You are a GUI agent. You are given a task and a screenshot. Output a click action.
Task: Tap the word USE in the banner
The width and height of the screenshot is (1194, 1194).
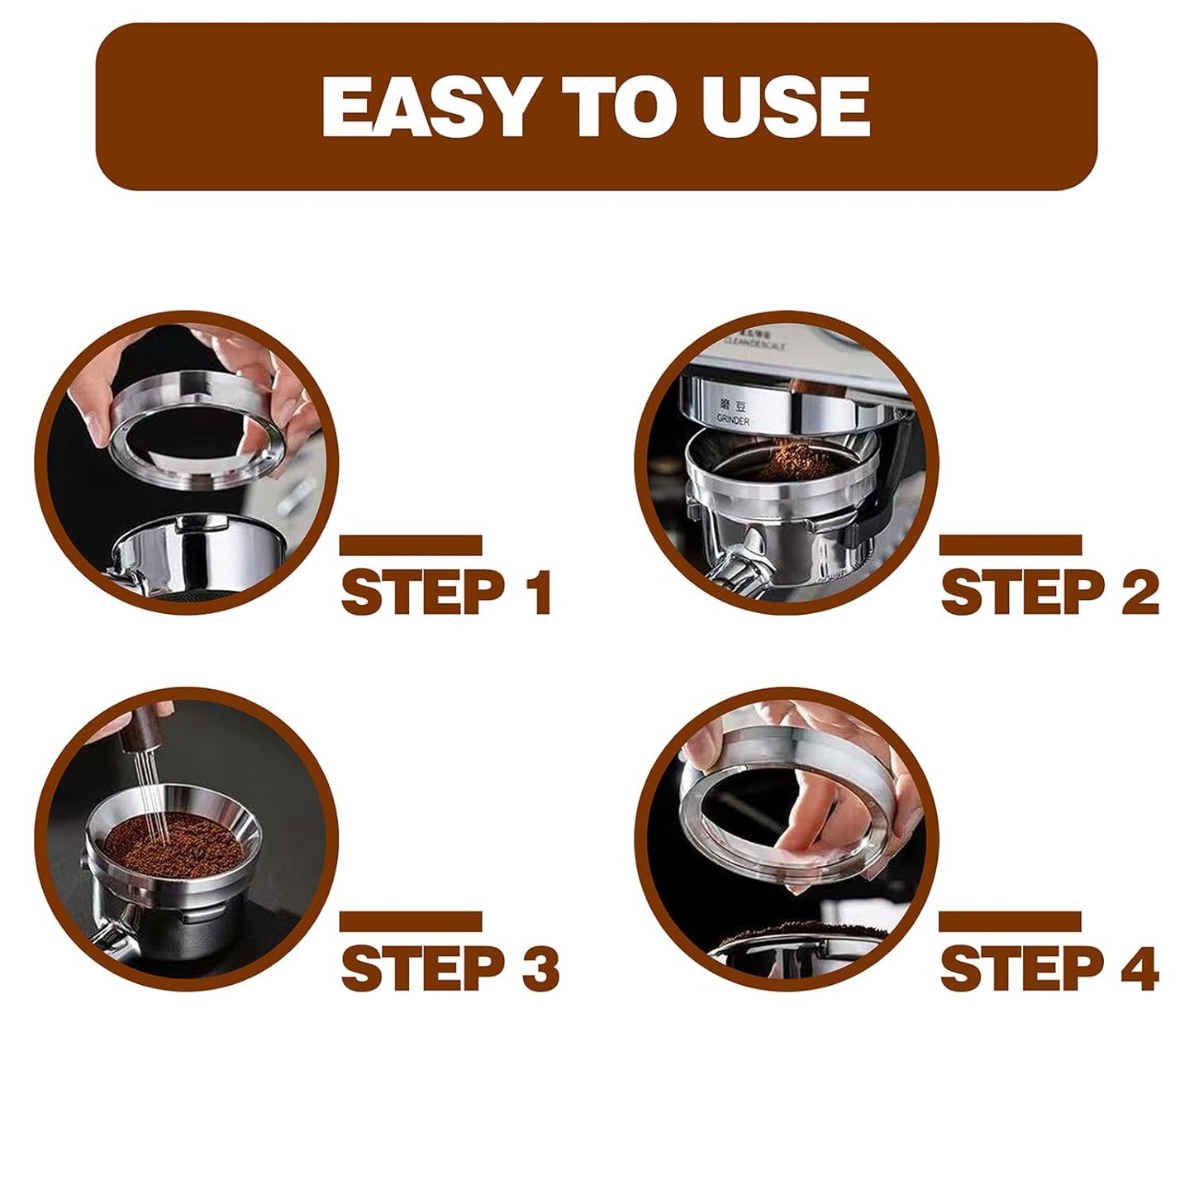click(787, 107)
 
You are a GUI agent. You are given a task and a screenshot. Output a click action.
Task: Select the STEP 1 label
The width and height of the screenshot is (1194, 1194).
click(446, 592)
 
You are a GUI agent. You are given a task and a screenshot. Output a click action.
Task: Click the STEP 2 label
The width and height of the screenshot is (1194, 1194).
click(1049, 592)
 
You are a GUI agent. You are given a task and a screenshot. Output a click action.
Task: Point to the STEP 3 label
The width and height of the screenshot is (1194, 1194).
click(450, 968)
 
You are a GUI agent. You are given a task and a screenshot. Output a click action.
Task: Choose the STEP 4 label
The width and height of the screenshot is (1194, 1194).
click(1049, 968)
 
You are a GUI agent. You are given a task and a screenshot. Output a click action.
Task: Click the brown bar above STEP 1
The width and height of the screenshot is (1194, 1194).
click(411, 545)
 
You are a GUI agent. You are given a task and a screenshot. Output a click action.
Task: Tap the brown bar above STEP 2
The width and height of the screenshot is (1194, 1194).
click(1011, 545)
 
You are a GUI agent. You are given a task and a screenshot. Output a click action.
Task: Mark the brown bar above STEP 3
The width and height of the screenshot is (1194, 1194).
click(411, 921)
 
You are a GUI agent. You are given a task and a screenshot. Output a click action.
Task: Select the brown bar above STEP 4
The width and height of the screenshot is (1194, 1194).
click(1011, 921)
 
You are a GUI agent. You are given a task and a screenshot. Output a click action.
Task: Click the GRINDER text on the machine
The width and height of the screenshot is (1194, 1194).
click(733, 421)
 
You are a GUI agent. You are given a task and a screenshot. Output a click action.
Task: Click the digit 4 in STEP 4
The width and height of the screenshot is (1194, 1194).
click(1140, 968)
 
